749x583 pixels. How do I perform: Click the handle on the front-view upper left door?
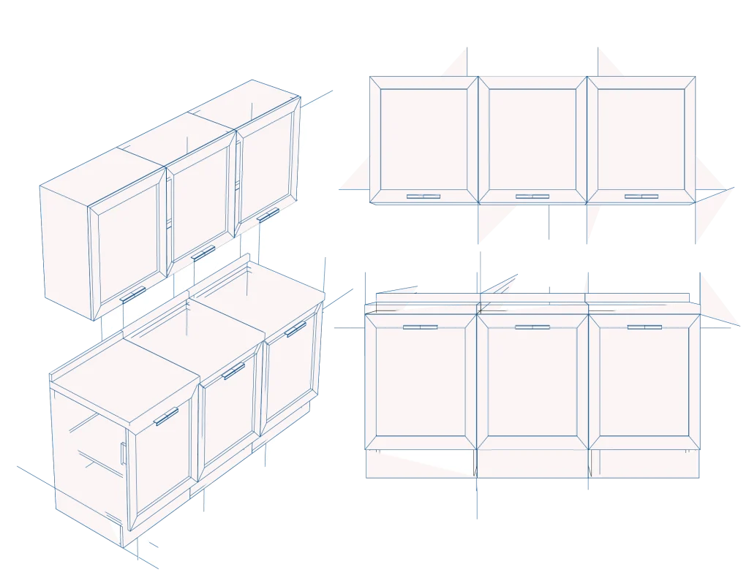pyautogui.click(x=424, y=196)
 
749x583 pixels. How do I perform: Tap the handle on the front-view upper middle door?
pyautogui.click(x=532, y=196)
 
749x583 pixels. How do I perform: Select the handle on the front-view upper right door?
pyautogui.click(x=641, y=196)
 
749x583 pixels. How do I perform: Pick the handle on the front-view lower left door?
pyautogui.click(x=420, y=327)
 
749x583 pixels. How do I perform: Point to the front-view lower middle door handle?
pyautogui.click(x=532, y=327)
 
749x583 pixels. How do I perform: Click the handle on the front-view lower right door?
pyautogui.click(x=644, y=327)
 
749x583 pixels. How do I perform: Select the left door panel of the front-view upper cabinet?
pyautogui.click(x=424, y=139)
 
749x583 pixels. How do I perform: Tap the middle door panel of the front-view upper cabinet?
pyautogui.click(x=532, y=139)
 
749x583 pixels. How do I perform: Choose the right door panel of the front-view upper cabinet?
pyautogui.click(x=641, y=139)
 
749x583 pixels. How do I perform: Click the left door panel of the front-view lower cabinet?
pyautogui.click(x=420, y=384)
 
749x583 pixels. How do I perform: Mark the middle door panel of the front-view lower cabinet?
pyautogui.click(x=532, y=384)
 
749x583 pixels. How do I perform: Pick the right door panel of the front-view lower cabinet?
pyautogui.click(x=644, y=384)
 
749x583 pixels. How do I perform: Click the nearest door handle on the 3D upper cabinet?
pyautogui.click(x=133, y=294)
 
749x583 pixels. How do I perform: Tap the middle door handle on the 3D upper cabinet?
pyautogui.click(x=203, y=253)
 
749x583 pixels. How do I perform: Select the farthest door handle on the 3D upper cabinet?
pyautogui.click(x=268, y=214)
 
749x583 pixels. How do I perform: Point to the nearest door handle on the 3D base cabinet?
pyautogui.click(x=166, y=417)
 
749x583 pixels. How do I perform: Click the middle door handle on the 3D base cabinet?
pyautogui.click(x=233, y=371)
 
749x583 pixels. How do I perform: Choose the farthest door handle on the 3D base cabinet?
pyautogui.click(x=296, y=329)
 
